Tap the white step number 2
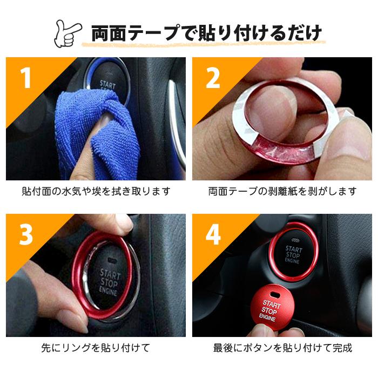tap(213, 79)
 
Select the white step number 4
tap(213, 235)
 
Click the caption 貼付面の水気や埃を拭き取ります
tap(96, 191)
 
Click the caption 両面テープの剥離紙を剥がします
tap(282, 191)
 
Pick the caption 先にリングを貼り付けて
tap(96, 348)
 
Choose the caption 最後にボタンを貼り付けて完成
tap(282, 348)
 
